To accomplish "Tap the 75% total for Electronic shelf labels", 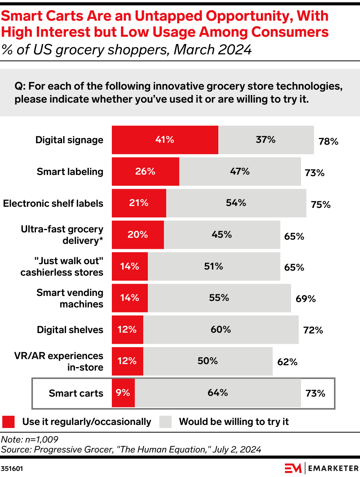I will pyautogui.click(x=321, y=204).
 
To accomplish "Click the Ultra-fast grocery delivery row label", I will pyautogui.click(x=62, y=235).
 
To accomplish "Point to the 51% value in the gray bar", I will pyautogui.click(x=213, y=266).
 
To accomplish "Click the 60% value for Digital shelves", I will pyautogui.click(x=221, y=329).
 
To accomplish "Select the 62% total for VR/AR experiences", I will pyautogui.click(x=287, y=362).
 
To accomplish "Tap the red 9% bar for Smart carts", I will pyautogui.click(x=123, y=393).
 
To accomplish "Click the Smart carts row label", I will pyautogui.click(x=76, y=393).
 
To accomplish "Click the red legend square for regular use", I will pyautogui.click(x=8, y=422).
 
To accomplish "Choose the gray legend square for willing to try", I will pyautogui.click(x=165, y=422).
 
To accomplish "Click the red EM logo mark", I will pyautogui.click(x=293, y=468).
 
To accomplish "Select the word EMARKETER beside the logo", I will pyautogui.click(x=332, y=468).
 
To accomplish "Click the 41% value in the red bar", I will pyautogui.click(x=165, y=140).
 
